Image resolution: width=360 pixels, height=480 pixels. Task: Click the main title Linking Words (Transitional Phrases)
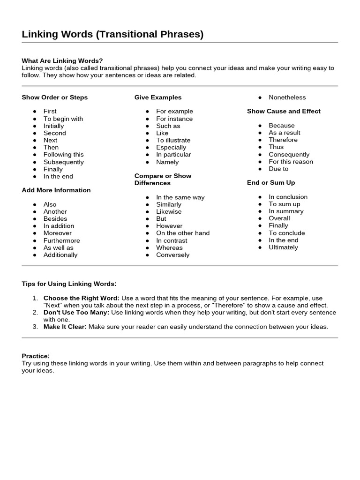point(112,34)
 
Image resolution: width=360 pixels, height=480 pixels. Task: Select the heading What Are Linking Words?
point(62,60)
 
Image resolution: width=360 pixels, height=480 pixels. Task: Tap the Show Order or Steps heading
point(54,97)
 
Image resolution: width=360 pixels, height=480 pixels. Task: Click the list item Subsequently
point(63,162)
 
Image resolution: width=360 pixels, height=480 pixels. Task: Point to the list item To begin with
point(63,119)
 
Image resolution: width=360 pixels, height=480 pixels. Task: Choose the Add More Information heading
point(56,190)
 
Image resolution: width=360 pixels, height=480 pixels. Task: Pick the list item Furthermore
point(61,240)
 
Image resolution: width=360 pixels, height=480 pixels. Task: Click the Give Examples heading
point(158,97)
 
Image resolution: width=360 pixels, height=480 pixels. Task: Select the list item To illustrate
point(173,140)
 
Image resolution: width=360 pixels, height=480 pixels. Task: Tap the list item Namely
point(167,162)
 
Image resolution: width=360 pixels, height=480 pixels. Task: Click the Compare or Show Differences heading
point(163,179)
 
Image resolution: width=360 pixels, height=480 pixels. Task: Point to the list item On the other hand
point(183,233)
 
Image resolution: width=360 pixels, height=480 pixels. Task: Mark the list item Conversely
point(172,255)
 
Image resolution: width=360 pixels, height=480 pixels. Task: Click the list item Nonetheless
point(287,97)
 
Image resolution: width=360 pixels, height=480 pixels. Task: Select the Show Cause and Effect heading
point(284,111)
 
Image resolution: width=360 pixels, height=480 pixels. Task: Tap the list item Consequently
point(289,154)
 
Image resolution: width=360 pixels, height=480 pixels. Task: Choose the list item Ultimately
point(283,247)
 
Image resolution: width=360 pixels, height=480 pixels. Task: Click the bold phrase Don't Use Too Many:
point(76,312)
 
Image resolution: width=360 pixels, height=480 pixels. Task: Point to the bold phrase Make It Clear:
point(65,327)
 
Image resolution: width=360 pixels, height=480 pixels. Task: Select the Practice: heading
point(36,356)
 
